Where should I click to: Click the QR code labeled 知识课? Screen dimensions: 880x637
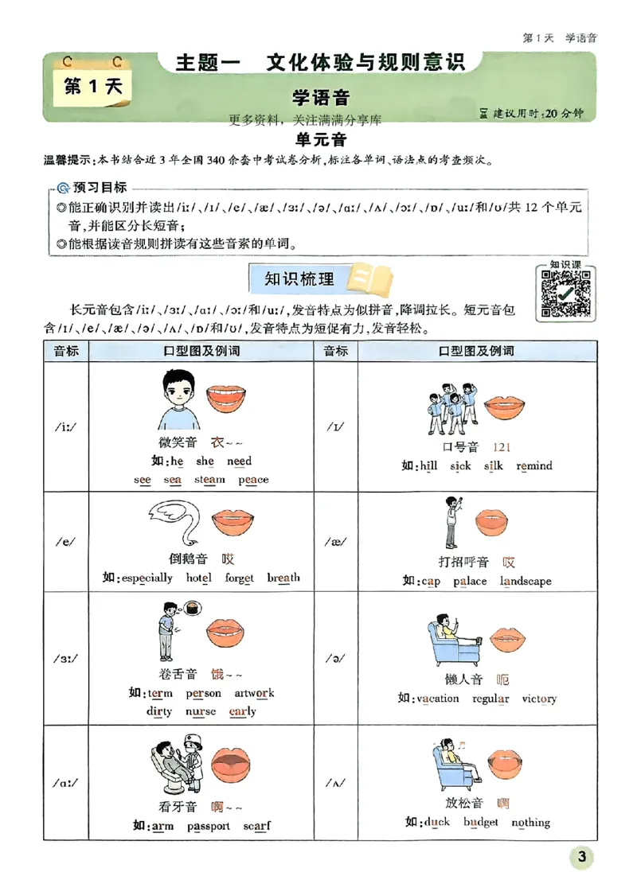(x=566, y=292)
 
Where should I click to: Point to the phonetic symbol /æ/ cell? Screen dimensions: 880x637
(x=335, y=541)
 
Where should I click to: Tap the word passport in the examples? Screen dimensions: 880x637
(x=209, y=826)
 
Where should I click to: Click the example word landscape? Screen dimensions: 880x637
(x=526, y=581)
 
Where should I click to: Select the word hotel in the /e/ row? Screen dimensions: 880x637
(x=199, y=578)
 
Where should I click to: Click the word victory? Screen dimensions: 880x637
(x=539, y=699)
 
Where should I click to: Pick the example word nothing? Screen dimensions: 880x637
(x=530, y=822)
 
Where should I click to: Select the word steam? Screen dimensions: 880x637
(x=209, y=480)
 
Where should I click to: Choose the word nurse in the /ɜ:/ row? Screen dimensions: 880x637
(x=201, y=711)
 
